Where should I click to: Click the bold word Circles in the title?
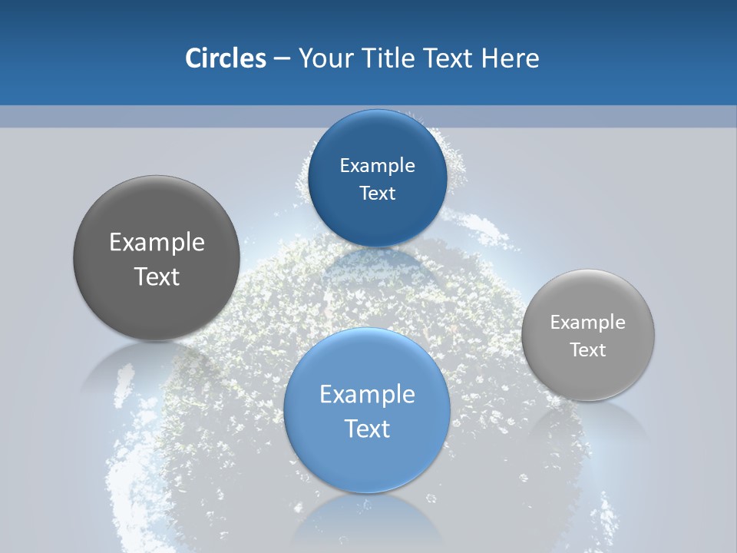pos(226,58)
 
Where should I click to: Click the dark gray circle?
pos(157,258)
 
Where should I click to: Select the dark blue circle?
pos(377,178)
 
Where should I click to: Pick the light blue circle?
pos(367,410)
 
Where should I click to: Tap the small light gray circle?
pos(587,335)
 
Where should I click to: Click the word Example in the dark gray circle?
pos(157,243)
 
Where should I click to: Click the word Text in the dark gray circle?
pos(157,276)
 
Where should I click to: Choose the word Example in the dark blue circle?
pos(377,166)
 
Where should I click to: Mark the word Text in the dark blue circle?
pos(377,194)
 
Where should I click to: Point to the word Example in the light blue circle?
pos(367,395)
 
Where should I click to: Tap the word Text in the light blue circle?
pos(367,429)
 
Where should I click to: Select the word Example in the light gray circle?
pos(587,323)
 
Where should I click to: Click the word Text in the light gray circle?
pos(587,350)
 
